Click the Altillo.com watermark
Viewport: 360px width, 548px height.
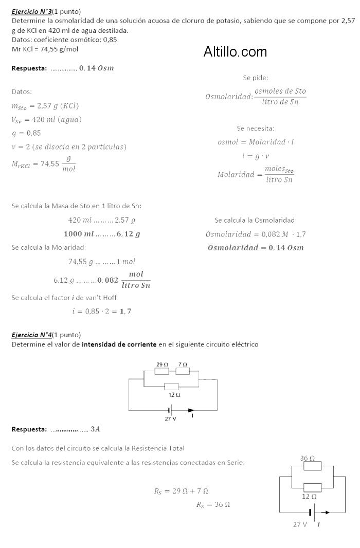pyautogui.click(x=235, y=52)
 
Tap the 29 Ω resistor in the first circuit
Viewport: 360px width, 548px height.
pyautogui.click(x=162, y=370)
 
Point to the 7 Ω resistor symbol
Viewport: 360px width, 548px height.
pyautogui.click(x=182, y=370)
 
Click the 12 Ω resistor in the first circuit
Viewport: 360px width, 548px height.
pyautogui.click(x=171, y=387)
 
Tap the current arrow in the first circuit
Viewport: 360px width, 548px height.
pyautogui.click(x=191, y=410)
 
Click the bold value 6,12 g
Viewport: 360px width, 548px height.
pyautogui.click(x=129, y=234)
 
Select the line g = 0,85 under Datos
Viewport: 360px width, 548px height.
pyautogui.click(x=26, y=133)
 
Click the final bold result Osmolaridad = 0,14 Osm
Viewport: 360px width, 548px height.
pyautogui.click(x=255, y=248)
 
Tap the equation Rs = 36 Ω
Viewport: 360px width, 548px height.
pyautogui.click(x=213, y=505)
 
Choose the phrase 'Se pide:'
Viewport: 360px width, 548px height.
pyautogui.click(x=256, y=78)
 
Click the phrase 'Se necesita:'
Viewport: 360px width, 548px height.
pyautogui.click(x=256, y=128)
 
